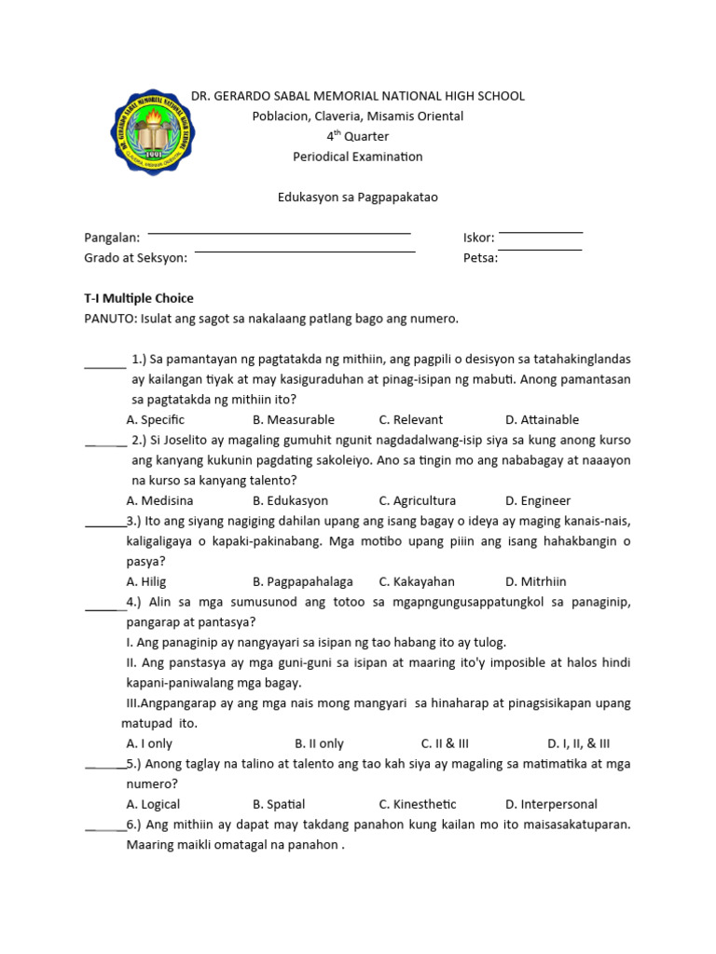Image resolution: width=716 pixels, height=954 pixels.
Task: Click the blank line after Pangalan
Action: [279, 232]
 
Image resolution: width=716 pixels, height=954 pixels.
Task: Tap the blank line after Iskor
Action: [540, 232]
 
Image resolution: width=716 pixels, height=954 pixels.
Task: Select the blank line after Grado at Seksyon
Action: [304, 252]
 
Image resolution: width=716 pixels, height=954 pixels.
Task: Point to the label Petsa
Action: [480, 258]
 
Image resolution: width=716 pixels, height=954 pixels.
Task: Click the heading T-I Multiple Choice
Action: [139, 298]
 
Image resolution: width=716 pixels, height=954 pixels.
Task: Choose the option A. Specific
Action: [156, 420]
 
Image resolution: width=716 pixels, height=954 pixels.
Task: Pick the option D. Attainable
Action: [542, 420]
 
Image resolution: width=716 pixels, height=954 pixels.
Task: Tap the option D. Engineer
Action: [538, 501]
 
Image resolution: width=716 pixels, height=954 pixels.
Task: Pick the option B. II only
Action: [319, 744]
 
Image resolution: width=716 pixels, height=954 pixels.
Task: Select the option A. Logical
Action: [153, 805]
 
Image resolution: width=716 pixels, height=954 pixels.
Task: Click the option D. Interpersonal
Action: [551, 805]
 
